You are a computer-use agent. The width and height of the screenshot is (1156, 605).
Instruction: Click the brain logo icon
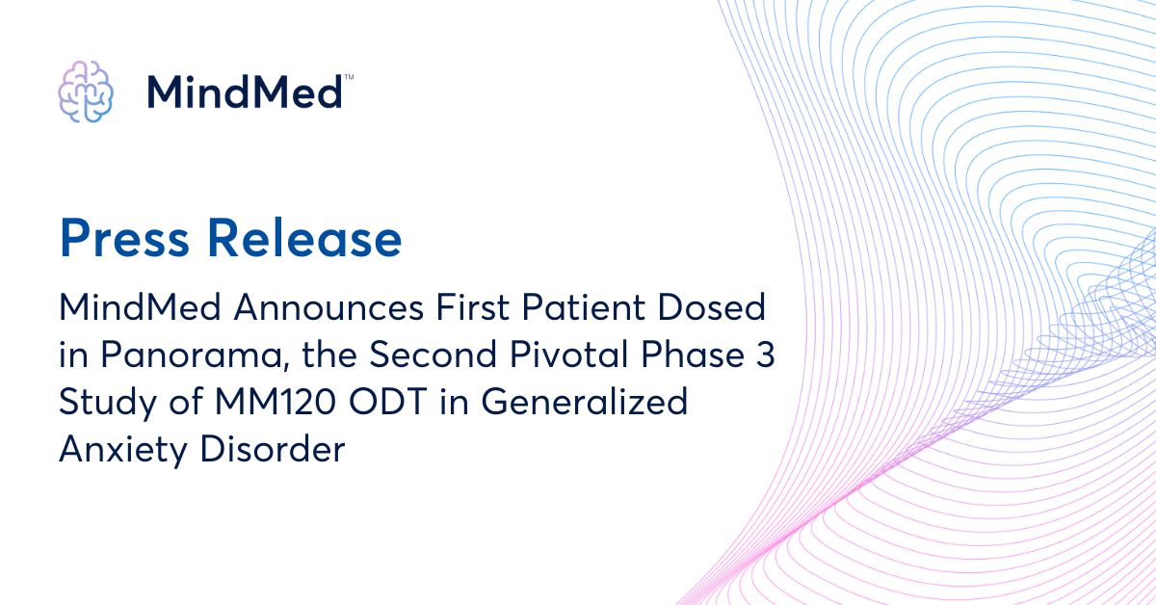[x=86, y=92]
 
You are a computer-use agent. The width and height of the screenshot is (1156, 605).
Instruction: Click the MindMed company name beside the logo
[x=245, y=92]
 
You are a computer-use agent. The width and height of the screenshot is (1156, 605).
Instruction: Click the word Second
[x=417, y=355]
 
